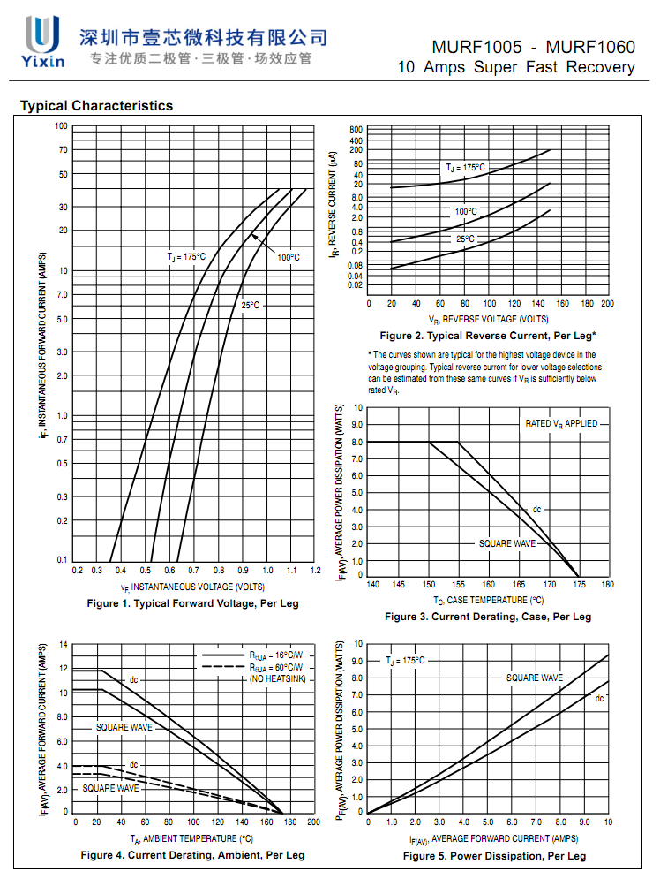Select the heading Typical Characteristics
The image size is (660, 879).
[x=96, y=106]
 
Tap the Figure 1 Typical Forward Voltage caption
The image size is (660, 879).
[x=192, y=603]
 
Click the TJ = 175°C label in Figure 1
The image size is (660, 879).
[x=186, y=257]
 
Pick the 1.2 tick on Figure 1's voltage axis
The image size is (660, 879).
[x=315, y=571]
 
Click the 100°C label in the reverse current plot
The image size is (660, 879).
[x=466, y=212]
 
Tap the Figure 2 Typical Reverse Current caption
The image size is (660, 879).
[x=487, y=336]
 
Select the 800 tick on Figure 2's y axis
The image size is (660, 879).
[x=356, y=130]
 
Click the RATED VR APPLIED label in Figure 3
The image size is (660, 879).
[x=561, y=424]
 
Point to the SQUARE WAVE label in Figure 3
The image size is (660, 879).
[x=507, y=543]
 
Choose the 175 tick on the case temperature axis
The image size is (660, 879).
[x=579, y=585]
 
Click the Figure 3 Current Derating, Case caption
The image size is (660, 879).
[x=487, y=617]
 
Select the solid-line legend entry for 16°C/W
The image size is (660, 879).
[x=252, y=656]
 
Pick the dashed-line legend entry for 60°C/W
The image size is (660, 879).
[x=252, y=667]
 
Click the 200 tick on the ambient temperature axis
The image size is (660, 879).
[x=312, y=822]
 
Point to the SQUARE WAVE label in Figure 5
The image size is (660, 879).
[x=534, y=678]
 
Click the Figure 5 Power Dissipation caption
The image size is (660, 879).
[x=494, y=856]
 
